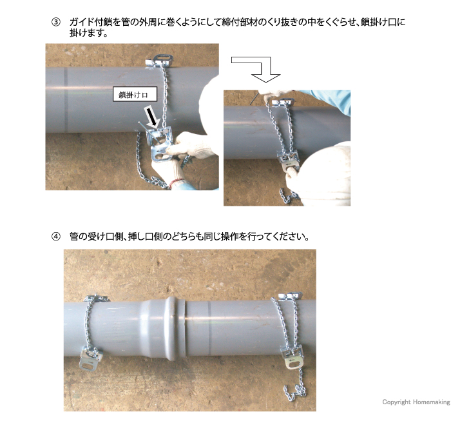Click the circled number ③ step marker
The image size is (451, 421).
click(56, 22)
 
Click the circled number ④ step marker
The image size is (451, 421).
click(56, 236)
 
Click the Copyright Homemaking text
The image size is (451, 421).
click(414, 402)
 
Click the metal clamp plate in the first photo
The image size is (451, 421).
click(157, 145)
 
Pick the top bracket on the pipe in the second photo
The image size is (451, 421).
click(282, 101)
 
